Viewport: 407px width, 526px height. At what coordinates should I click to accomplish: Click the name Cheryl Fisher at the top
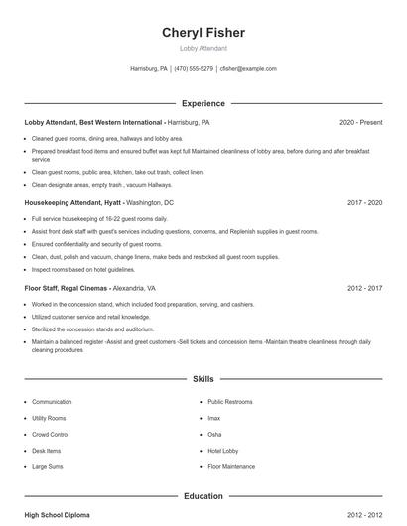click(x=203, y=33)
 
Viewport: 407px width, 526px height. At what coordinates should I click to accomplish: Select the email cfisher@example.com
click(x=248, y=69)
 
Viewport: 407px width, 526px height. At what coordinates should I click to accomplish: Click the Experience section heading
click(x=203, y=103)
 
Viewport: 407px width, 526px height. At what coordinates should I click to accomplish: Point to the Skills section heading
click(x=203, y=379)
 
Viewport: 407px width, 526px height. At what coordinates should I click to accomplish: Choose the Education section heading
click(x=203, y=495)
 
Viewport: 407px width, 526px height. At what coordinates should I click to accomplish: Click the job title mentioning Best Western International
click(x=94, y=122)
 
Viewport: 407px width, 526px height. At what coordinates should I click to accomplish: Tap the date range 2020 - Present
click(x=360, y=122)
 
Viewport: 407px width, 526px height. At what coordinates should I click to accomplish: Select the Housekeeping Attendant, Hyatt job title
click(x=73, y=201)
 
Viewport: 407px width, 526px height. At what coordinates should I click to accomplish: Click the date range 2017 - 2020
click(x=364, y=201)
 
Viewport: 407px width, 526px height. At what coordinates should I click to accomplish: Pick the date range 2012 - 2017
click(x=364, y=288)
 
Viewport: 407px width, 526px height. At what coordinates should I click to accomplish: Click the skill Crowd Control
click(x=50, y=434)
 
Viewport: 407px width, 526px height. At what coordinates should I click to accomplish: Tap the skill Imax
click(x=214, y=418)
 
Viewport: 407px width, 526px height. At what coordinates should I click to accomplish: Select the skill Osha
click(x=214, y=434)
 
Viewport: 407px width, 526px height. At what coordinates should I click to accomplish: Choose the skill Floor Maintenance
click(x=230, y=465)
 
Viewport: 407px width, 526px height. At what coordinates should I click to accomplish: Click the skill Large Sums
click(x=48, y=465)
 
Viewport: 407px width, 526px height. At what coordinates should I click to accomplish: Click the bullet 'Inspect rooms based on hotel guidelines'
click(x=82, y=269)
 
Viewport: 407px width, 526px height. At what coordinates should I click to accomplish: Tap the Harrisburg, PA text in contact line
click(x=149, y=69)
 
